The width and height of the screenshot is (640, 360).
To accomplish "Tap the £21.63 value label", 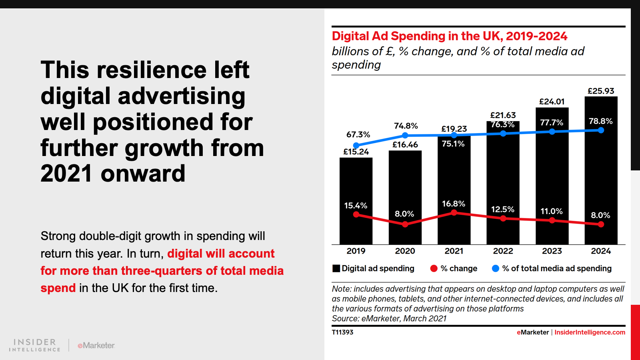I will (x=503, y=115).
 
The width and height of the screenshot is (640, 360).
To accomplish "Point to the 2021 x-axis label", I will (x=454, y=251).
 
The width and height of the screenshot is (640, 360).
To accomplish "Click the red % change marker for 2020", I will (x=405, y=224).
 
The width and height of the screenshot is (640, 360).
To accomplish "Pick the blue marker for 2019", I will (x=356, y=146).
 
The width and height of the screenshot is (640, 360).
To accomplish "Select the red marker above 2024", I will (x=601, y=224).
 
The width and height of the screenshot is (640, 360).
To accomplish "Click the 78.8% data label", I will (x=600, y=121).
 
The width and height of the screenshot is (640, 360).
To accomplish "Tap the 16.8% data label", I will (x=454, y=204).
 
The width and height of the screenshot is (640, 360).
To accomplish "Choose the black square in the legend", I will (x=336, y=268).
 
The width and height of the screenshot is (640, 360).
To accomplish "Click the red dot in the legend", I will (x=434, y=268).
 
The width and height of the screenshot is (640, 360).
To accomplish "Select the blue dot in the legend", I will (x=496, y=268).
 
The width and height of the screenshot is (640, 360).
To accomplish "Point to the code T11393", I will (x=342, y=332).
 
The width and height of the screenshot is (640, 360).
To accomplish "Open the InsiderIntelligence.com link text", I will (x=590, y=332).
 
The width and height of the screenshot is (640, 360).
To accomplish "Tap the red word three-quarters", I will (x=162, y=271).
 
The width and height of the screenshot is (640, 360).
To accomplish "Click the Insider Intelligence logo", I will (x=35, y=345).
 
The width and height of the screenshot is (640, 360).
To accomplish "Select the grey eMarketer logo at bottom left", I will (x=96, y=345).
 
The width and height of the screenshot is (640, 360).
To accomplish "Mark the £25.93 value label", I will (x=600, y=91).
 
